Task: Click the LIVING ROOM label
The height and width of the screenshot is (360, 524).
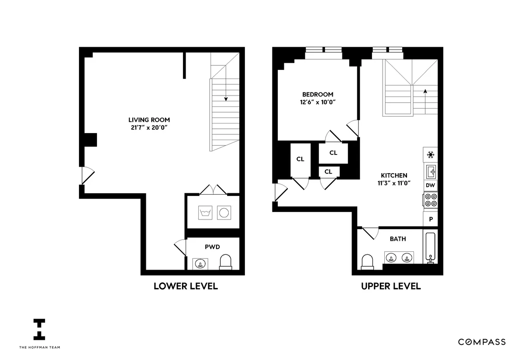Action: (149, 120)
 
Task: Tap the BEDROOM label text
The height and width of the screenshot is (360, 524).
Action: (318, 94)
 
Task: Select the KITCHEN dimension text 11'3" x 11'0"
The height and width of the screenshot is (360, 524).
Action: (393, 183)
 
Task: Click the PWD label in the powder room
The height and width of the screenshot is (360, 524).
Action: (212, 247)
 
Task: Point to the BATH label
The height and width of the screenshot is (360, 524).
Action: (398, 239)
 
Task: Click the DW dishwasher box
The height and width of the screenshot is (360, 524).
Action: (430, 185)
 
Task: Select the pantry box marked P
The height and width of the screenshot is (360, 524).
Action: (431, 219)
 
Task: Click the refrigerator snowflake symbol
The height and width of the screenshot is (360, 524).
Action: (431, 154)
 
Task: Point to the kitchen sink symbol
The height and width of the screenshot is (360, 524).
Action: (431, 171)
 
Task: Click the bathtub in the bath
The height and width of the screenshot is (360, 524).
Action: (431, 247)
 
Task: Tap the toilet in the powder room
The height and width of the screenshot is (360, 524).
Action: (225, 262)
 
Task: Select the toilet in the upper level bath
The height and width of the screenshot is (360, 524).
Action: (368, 262)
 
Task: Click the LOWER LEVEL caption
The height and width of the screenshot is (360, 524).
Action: (186, 286)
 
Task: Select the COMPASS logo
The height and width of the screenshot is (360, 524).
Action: (482, 342)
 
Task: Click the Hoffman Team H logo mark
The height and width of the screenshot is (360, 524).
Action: (39, 329)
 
